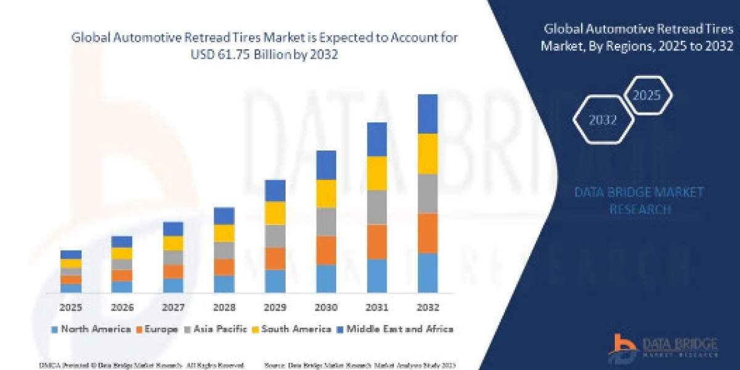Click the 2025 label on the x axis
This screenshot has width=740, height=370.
[x=71, y=307]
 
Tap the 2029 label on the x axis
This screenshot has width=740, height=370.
[x=275, y=307]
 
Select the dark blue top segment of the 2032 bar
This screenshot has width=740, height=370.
[x=427, y=114]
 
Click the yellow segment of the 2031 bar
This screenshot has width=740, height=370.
[x=377, y=173]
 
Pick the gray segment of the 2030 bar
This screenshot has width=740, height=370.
[x=326, y=222]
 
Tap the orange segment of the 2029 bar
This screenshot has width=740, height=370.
[x=275, y=258]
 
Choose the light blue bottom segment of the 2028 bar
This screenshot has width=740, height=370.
[x=224, y=284]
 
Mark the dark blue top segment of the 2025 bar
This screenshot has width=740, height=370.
[x=71, y=254]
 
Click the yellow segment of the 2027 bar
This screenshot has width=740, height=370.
[x=173, y=243]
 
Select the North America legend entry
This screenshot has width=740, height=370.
[x=91, y=329]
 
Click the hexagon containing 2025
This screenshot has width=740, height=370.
[x=647, y=96]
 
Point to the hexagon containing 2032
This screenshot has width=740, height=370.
[x=602, y=120]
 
